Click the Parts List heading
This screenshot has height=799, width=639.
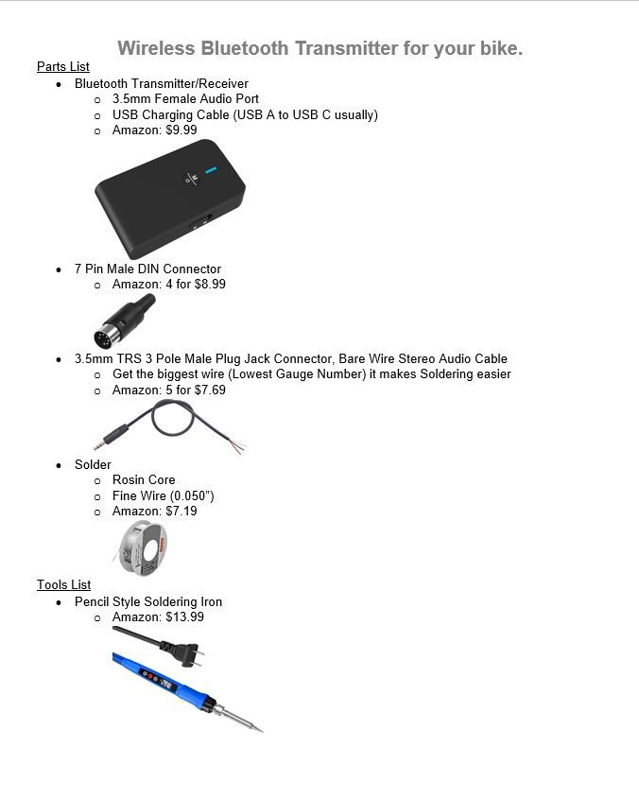pos(63,67)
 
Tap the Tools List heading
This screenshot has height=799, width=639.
pos(63,585)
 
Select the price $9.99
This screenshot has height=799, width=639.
pos(181,130)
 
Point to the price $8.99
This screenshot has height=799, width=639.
pos(210,285)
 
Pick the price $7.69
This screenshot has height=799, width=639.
pos(210,391)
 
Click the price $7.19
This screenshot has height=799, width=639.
pos(181,512)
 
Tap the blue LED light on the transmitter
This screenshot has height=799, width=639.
pos(211,171)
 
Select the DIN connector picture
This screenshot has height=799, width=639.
pos(124,321)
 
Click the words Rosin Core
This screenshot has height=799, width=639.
pos(144,480)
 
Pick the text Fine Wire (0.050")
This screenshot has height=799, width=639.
pos(164,496)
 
